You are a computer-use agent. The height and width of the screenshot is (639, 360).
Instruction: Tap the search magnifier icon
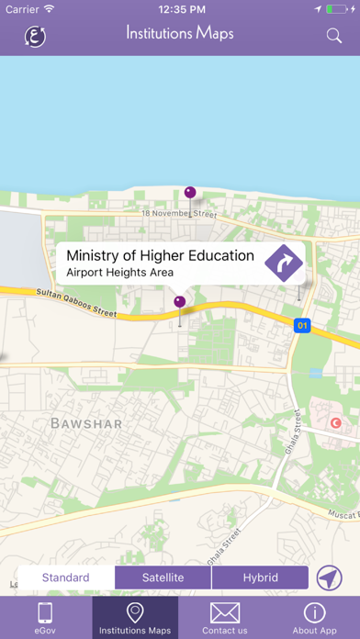(x=334, y=36)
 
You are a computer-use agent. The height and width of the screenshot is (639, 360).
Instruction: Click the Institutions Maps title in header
(x=180, y=34)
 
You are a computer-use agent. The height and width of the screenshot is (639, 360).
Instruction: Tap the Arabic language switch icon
(x=36, y=36)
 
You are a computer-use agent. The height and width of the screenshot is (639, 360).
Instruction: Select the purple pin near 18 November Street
(x=190, y=193)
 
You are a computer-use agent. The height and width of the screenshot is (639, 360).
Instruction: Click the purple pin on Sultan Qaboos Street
(x=180, y=301)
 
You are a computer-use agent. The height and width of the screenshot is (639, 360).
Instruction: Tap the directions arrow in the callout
(x=284, y=263)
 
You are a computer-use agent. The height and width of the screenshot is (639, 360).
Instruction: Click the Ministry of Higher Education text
(x=161, y=255)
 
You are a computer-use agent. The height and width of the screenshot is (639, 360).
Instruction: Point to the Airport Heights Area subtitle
(x=120, y=273)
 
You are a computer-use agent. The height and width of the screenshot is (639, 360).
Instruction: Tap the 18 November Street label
(x=178, y=214)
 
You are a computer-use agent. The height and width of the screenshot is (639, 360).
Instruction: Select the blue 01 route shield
(x=302, y=325)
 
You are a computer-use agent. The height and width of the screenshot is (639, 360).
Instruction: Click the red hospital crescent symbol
(x=335, y=422)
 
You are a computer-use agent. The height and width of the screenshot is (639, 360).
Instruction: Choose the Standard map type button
(x=65, y=577)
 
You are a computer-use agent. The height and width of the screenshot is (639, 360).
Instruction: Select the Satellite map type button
(x=163, y=577)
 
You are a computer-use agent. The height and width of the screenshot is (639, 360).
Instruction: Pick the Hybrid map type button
(x=260, y=577)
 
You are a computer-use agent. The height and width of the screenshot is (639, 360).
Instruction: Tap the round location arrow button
(x=330, y=577)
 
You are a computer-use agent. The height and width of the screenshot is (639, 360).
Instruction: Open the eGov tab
(x=46, y=617)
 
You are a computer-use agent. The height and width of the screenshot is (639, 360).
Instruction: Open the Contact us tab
(x=225, y=617)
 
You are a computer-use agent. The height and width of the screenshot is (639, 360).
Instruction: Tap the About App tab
(x=314, y=617)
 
